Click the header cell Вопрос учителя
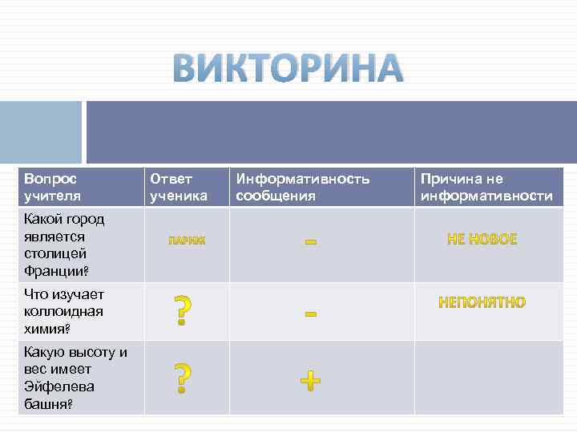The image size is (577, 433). tap(54, 187)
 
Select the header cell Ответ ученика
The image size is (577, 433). tap(178, 187)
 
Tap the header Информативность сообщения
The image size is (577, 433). tap(302, 187)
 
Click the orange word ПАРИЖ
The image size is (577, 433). tap(187, 240)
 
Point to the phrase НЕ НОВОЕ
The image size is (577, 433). tap(482, 239)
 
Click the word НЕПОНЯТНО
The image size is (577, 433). tap(482, 302)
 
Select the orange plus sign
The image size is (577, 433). tap(310, 380)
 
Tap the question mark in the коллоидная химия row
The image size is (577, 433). tap(184, 310)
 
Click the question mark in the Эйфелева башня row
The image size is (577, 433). tap(184, 378)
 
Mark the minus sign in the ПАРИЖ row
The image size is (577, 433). tap(311, 240)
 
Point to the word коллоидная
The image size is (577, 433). tap(63, 311)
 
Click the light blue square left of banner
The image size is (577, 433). tap(40, 132)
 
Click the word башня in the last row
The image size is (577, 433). tap(47, 405)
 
